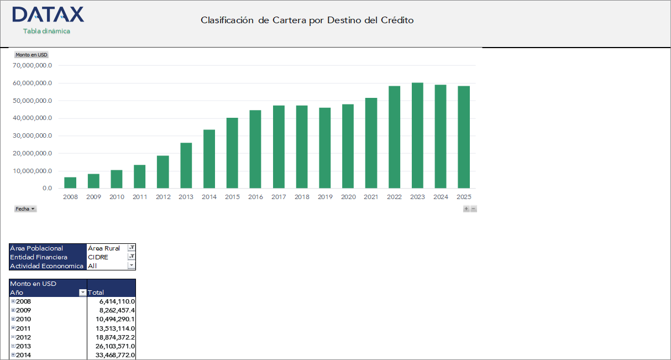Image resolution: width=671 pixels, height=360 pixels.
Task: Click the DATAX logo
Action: coord(48,15)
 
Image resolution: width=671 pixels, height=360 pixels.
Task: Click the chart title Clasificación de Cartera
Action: coord(307,20)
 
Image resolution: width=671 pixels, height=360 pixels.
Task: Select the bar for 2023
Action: coord(417,135)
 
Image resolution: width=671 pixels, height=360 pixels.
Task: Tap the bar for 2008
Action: coord(70,182)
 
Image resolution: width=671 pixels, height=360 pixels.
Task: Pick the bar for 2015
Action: coord(232,153)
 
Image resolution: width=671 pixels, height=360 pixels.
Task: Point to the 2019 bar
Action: coord(325,148)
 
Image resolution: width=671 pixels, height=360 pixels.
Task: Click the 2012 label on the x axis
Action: coord(163,197)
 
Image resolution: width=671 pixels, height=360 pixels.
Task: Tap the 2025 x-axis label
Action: coord(464,197)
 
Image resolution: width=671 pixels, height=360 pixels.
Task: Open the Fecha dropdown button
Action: coord(25,209)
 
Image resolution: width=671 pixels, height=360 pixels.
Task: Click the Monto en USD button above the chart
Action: coord(32,55)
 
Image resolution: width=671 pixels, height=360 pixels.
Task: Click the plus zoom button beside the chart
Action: coord(466,209)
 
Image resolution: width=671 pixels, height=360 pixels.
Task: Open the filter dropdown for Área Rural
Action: coord(132,248)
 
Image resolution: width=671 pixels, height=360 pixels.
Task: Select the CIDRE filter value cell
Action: coord(107,257)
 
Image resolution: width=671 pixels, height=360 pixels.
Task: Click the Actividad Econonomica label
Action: coord(47,266)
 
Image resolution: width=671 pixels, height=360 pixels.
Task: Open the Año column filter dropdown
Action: coord(83,293)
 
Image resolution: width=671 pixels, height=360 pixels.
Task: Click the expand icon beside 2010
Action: coord(13,319)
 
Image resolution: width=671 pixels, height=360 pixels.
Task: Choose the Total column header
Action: coord(96,293)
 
